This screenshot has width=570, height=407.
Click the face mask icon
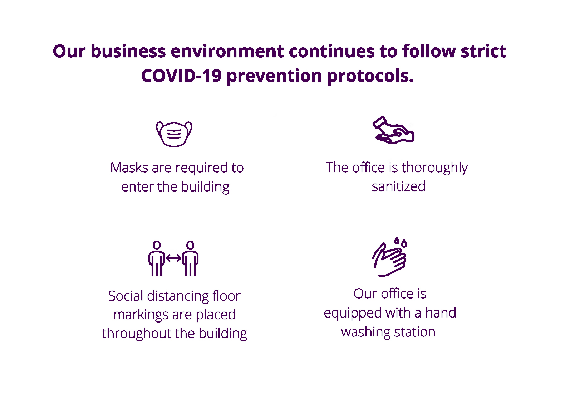tap(174, 134)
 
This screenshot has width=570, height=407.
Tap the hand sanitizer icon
tap(393, 130)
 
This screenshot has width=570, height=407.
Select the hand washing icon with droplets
tap(389, 256)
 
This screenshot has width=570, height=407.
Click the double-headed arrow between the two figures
tap(173, 258)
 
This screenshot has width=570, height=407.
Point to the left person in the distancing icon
tap(157, 258)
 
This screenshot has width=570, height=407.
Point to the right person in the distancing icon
tap(190, 258)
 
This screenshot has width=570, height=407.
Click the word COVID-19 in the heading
tap(181, 76)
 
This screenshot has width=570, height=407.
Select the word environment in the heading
tap(227, 51)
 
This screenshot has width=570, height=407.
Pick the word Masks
tap(129, 168)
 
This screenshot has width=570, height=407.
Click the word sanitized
tap(398, 186)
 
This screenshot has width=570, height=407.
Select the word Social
tap(126, 296)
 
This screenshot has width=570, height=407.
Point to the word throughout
tap(136, 333)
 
